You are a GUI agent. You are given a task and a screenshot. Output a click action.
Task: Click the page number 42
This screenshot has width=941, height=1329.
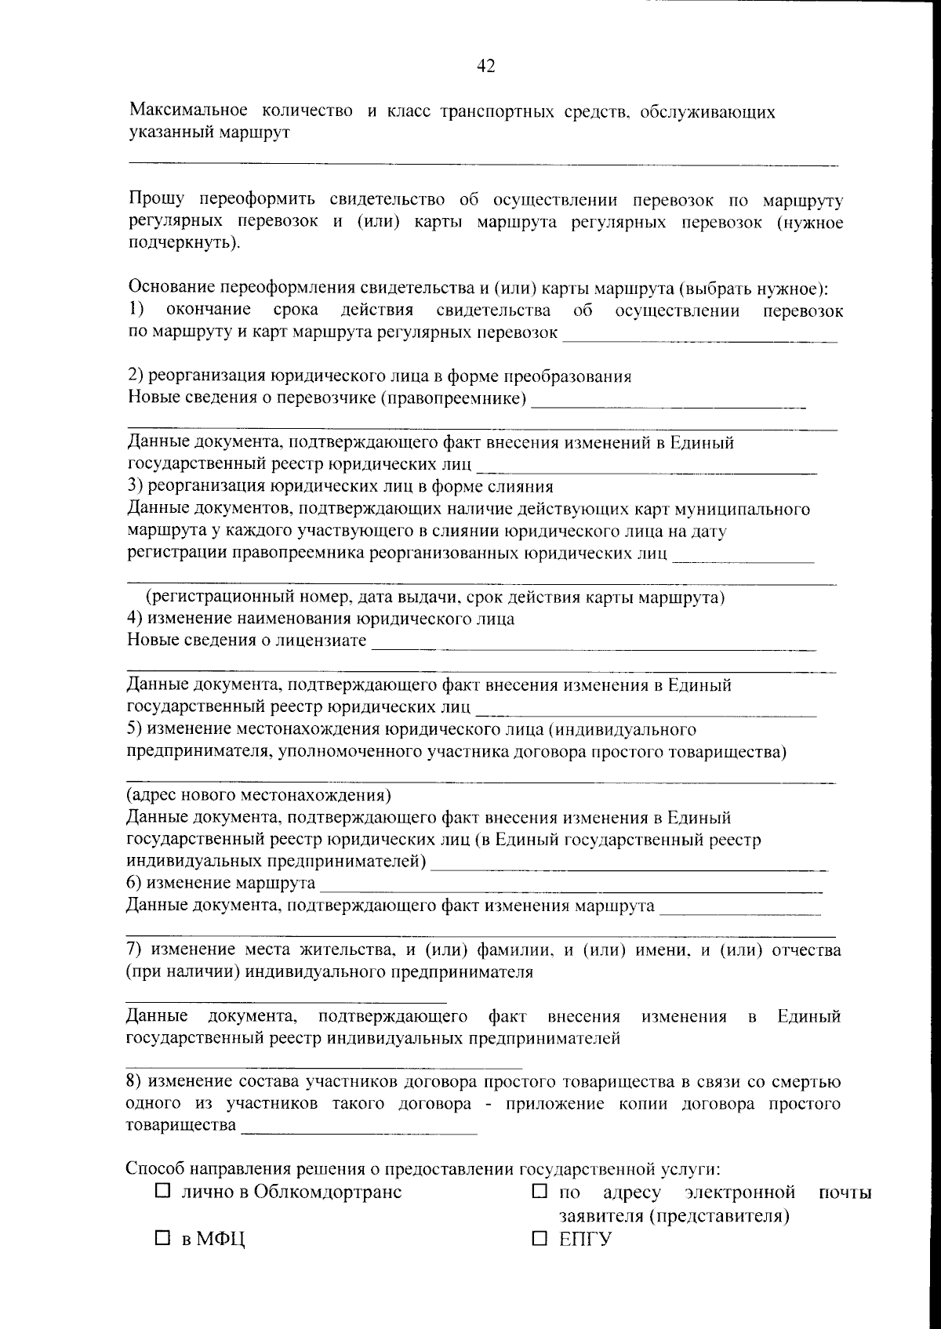tap(485, 67)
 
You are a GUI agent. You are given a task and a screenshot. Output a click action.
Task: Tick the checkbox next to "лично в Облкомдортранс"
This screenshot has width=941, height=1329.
tap(163, 1191)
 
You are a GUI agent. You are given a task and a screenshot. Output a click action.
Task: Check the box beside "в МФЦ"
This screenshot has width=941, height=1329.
tap(163, 1239)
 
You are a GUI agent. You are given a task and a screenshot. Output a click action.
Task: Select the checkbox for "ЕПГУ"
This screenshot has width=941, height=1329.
tap(539, 1239)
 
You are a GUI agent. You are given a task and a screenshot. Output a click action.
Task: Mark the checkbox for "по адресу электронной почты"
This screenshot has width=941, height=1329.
tap(539, 1191)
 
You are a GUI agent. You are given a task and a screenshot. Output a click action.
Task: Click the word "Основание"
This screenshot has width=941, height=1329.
tap(169, 289)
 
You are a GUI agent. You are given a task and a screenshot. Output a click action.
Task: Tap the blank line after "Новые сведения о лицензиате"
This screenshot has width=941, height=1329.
tap(594, 648)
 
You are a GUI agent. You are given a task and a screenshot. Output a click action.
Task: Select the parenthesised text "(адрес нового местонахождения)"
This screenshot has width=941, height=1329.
tap(259, 795)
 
